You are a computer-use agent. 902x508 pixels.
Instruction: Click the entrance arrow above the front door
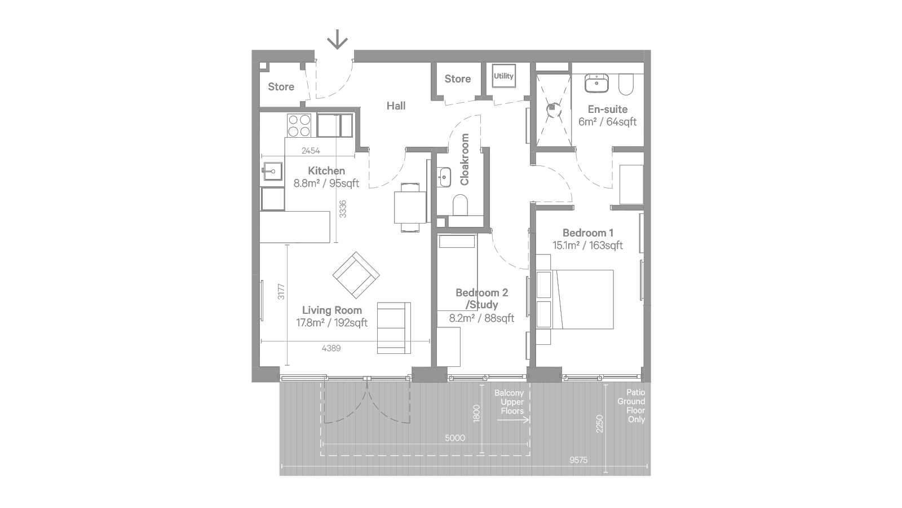coord(337,40)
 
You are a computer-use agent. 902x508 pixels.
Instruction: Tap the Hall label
coord(396,106)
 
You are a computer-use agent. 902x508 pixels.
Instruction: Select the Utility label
coord(503,76)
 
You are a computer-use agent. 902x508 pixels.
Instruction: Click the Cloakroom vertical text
coord(465,159)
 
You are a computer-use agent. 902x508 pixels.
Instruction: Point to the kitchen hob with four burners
coord(299,125)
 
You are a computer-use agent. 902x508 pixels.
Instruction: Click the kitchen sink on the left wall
coord(272,172)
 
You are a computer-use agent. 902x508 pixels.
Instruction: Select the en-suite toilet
coord(626,85)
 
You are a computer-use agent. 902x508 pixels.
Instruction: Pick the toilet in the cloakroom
coord(460,205)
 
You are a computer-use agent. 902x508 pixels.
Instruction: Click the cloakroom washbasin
coord(444,177)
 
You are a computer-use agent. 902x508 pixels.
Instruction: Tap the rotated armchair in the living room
coord(356,275)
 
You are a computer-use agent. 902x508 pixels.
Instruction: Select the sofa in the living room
coord(394,328)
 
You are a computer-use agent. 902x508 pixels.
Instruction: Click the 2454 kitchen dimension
coord(311,151)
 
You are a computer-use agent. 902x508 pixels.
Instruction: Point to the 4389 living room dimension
coord(331,348)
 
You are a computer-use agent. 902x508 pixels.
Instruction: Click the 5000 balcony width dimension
coord(455,438)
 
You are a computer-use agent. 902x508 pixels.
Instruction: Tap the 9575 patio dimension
coord(578,460)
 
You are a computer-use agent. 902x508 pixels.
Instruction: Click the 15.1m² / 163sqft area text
coord(587,245)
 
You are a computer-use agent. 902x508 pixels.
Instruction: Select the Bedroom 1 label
coord(588,233)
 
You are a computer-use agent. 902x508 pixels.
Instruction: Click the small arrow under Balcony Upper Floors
coord(513,420)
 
